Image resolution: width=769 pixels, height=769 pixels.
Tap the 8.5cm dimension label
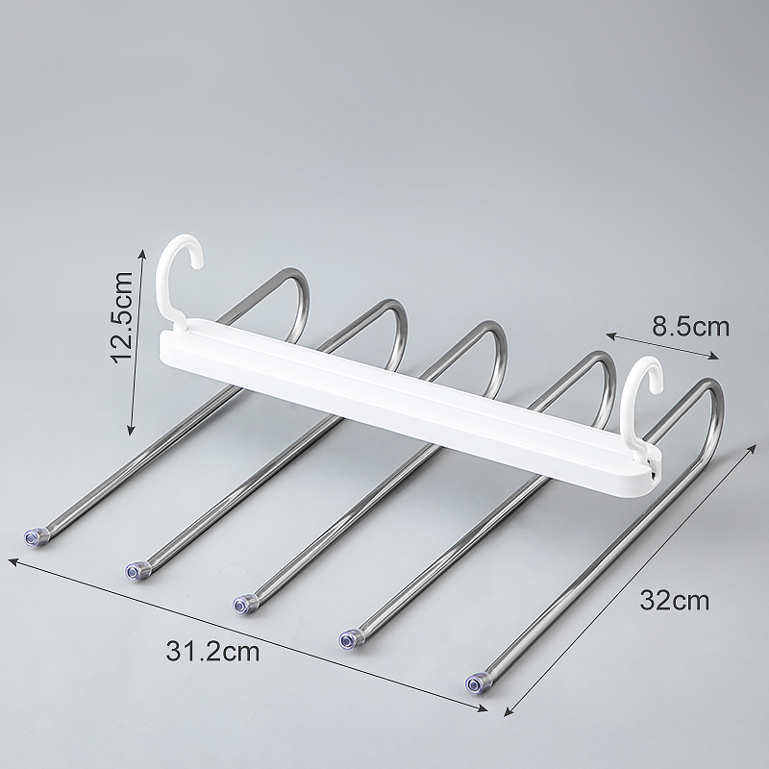coord(690,327)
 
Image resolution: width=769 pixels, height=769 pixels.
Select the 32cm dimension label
coord(675,600)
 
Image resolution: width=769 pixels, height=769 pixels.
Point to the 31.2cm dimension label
coord(212,652)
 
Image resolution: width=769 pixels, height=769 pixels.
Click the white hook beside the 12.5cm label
coord(161,280)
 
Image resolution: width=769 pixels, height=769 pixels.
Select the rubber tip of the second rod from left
coord(135,571)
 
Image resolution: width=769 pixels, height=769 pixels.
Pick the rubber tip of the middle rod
coord(242,605)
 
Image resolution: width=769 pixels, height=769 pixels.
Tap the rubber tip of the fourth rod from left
coord(350,639)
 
